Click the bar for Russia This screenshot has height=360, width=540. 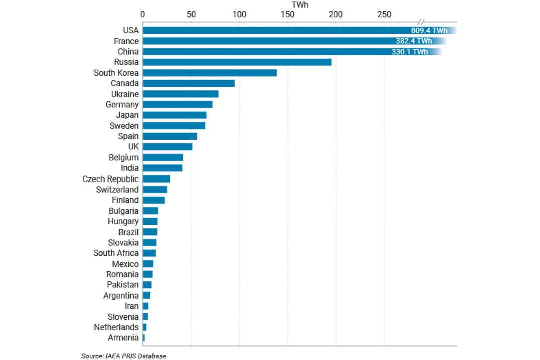[x=237, y=62]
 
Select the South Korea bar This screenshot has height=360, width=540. [x=210, y=73]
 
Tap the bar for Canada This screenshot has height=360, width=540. [x=189, y=83]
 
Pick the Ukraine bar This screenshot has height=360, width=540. [x=181, y=94]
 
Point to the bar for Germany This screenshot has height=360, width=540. [x=177, y=104]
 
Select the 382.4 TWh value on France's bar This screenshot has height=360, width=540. [x=414, y=41]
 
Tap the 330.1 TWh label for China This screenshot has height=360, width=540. [x=410, y=52]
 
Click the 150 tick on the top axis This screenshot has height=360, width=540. [x=288, y=14]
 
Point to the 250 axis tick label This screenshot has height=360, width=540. [x=385, y=14]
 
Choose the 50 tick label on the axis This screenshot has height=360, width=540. [x=191, y=14]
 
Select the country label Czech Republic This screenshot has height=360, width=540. [x=110, y=179]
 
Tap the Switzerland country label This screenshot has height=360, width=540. [x=117, y=190]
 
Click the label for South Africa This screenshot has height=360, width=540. [x=116, y=253]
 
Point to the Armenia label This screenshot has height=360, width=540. [x=123, y=337]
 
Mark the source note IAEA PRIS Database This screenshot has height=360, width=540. [x=124, y=356]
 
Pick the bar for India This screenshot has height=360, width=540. [x=162, y=168]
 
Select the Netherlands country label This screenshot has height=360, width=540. [x=116, y=327]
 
